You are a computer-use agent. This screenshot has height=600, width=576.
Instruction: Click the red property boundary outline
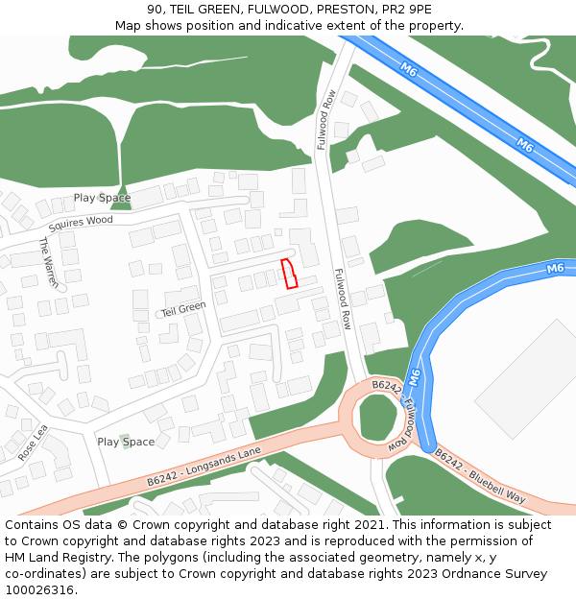point(289,274)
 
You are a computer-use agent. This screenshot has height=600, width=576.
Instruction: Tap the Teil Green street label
point(183,309)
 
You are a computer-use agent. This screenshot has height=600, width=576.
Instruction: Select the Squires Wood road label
point(81,222)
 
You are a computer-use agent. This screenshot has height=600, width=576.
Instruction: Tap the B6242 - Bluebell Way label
point(480,475)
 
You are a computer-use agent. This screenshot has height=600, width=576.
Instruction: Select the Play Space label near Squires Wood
point(102,198)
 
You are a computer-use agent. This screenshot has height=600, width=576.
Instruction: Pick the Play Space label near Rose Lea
point(126,442)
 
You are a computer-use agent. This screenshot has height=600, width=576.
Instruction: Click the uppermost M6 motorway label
point(409,70)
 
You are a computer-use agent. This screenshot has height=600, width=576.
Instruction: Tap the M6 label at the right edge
point(555,268)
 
